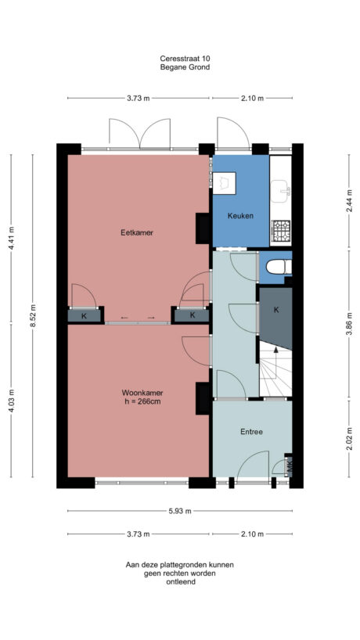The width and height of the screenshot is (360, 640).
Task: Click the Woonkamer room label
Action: [x=142, y=392]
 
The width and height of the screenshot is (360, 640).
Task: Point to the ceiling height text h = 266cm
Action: [x=142, y=402]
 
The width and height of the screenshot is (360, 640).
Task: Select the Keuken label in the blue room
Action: [x=239, y=216]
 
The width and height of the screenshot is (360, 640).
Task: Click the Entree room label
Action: [x=251, y=431]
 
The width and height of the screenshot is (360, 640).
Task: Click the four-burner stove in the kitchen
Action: [x=280, y=230]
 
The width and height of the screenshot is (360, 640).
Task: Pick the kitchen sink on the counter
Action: [x=282, y=188]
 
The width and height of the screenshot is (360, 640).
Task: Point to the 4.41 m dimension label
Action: [x=11, y=238]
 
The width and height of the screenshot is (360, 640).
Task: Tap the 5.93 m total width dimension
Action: [x=180, y=511]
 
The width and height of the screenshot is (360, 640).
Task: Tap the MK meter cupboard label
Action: [x=289, y=467]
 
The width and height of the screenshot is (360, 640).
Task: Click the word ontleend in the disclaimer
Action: [x=180, y=581]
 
